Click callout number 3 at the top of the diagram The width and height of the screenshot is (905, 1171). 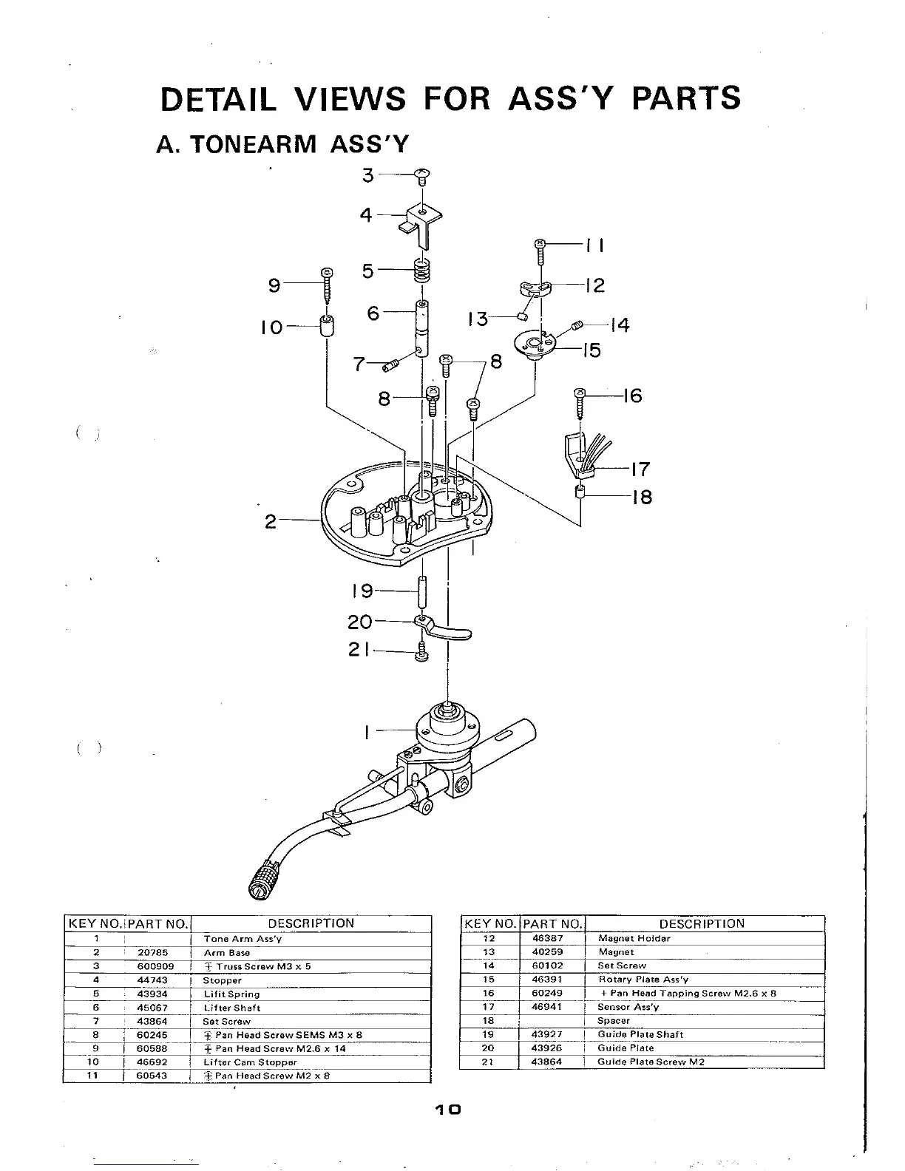point(367,176)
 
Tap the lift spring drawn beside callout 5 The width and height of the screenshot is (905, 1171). point(421,271)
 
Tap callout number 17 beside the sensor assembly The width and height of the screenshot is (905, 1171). point(641,469)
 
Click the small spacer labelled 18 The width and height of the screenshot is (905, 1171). point(580,493)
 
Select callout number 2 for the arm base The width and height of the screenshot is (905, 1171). point(271,522)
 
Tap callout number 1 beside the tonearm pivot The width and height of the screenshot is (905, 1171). point(367,732)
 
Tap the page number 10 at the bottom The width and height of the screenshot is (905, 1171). point(448,1109)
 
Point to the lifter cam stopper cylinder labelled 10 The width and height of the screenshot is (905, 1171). point(326,325)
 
